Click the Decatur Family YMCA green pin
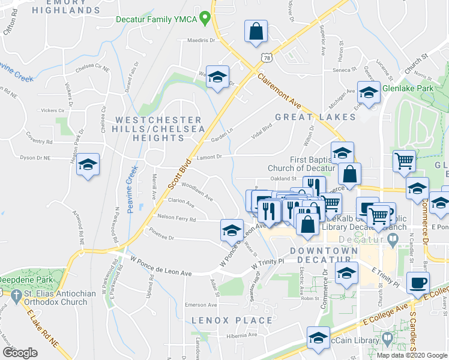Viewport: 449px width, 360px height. click(x=206, y=19)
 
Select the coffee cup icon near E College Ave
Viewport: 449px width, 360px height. click(x=418, y=282)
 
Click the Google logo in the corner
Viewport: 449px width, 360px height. click(x=20, y=353)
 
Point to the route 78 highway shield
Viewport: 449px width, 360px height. click(x=267, y=56)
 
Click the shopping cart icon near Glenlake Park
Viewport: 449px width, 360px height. click(x=404, y=160)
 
